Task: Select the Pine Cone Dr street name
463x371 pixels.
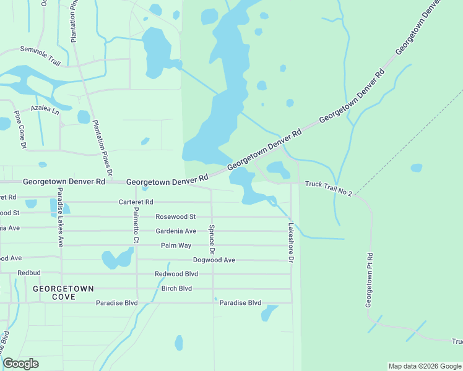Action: [20, 129]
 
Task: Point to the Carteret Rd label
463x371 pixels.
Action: [136, 202]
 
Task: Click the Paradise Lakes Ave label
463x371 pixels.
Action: [61, 217]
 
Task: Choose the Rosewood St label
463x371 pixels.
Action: [175, 217]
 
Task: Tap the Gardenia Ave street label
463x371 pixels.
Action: [176, 231]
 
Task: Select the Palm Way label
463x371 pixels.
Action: [176, 245]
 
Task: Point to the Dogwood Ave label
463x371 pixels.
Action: [214, 260]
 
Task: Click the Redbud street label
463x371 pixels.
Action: [28, 273]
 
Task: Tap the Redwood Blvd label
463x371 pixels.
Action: [176, 274]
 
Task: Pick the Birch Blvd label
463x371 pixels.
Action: [176, 289]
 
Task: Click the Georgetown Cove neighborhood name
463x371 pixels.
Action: [63, 293]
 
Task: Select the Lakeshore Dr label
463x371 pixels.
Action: [289, 242]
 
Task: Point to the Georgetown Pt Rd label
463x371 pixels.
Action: [369, 280]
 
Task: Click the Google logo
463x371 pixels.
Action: [20, 364]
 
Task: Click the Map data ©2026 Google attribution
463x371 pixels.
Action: [424, 366]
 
